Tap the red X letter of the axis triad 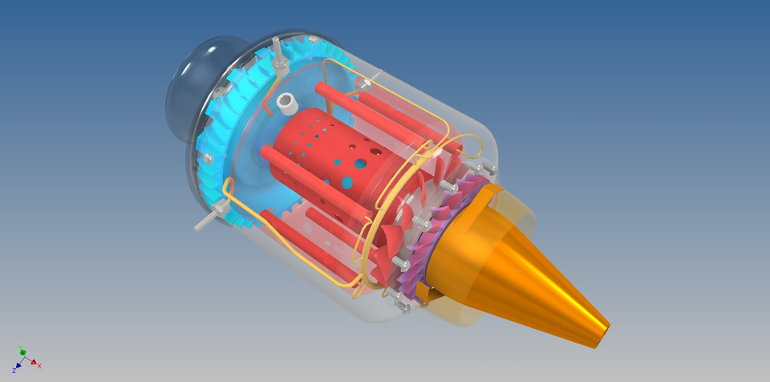(x=39, y=365)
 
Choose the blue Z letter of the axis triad (x=14, y=371)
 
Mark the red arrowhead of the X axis (x=33, y=361)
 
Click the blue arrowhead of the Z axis (x=18, y=366)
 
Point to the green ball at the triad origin (x=22, y=352)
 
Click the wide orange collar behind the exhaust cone (x=465, y=241)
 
